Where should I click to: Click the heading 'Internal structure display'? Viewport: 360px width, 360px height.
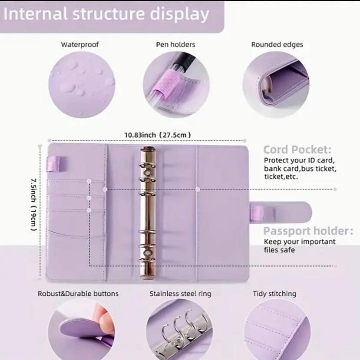[x=106, y=14]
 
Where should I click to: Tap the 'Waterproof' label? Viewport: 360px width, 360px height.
[x=79, y=44]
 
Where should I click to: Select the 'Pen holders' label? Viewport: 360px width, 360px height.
[x=175, y=44]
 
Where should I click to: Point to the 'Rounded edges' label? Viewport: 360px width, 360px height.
[x=277, y=45]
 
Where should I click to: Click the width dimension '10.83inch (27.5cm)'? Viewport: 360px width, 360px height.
[x=158, y=135]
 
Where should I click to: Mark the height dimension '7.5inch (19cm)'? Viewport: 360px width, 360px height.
[x=34, y=205]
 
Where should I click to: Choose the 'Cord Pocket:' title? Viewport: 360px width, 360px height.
[x=297, y=150]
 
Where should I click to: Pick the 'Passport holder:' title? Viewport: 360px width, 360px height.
[x=308, y=231]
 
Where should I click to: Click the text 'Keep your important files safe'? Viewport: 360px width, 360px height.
[x=300, y=246]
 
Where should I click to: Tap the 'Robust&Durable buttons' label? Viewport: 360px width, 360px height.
[x=78, y=293]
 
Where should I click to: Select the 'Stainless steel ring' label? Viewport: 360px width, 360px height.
[x=181, y=293]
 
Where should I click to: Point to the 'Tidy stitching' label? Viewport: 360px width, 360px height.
[x=274, y=293]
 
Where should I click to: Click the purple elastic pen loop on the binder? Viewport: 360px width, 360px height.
[x=53, y=163]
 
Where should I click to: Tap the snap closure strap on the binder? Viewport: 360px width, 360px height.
[x=281, y=212]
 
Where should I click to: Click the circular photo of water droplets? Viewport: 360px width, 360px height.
[x=82, y=85]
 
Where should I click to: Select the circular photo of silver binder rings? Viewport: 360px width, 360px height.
[x=179, y=329]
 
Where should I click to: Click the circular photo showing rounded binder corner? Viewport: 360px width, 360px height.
[x=276, y=85]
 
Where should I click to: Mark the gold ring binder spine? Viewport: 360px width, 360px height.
[x=148, y=213]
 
